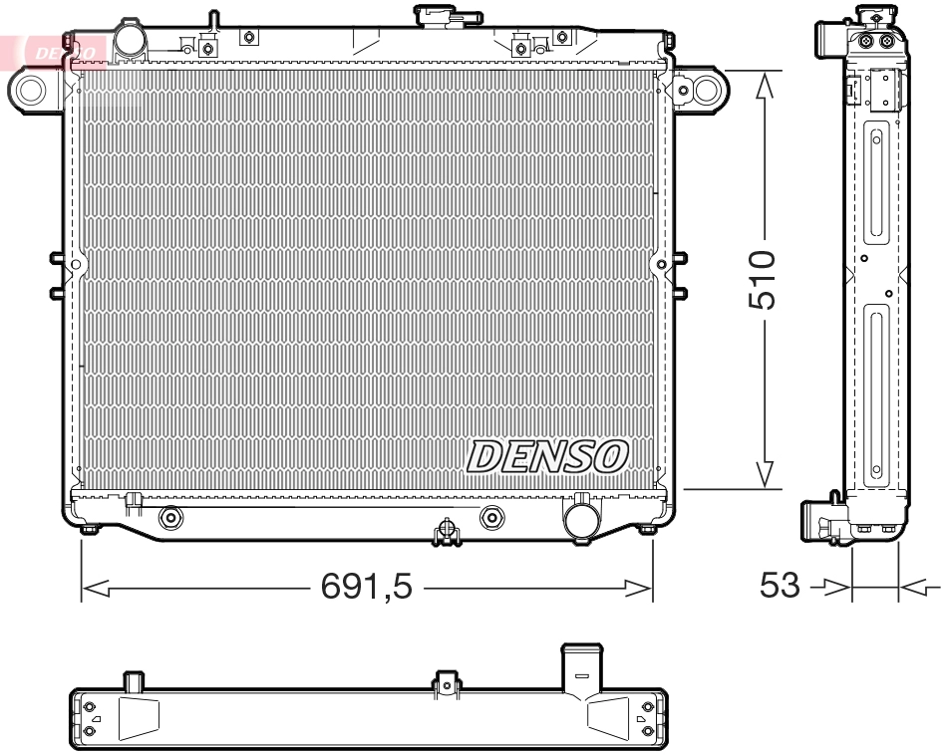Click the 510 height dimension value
(x=763, y=280)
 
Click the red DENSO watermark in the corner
(x=63, y=51)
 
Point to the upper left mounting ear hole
(x=30, y=91)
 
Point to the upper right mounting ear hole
(x=707, y=91)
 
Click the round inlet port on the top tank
(x=131, y=40)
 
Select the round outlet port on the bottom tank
(x=580, y=518)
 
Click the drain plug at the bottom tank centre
(x=447, y=532)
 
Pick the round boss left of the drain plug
(x=170, y=518)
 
